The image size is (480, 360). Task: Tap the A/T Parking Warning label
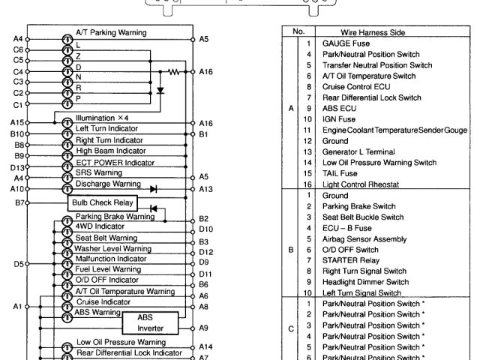pos(111,33)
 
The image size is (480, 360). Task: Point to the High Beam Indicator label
pos(109,150)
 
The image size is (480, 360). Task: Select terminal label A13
pos(207,189)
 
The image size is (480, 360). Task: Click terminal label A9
pos(204,328)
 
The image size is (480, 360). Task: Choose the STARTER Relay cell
pos(349,259)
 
